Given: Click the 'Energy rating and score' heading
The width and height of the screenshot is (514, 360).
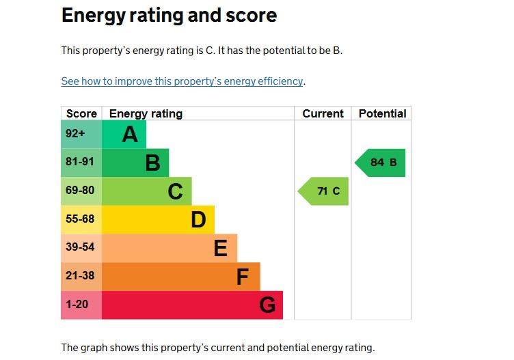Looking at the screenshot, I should click(x=169, y=15).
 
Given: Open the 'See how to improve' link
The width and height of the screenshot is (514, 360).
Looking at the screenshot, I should click(x=182, y=81).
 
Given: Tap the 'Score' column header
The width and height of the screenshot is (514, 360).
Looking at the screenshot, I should click(x=81, y=114).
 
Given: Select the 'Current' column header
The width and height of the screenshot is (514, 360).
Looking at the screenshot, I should click(x=323, y=114).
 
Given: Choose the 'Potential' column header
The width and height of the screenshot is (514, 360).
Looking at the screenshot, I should click(x=382, y=114).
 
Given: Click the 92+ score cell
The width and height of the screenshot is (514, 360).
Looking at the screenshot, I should click(x=75, y=135).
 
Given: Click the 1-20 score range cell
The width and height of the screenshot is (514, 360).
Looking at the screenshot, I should click(x=77, y=305).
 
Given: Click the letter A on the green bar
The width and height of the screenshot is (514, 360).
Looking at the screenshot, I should click(x=130, y=135).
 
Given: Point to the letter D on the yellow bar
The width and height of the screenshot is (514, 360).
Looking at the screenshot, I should click(x=198, y=220).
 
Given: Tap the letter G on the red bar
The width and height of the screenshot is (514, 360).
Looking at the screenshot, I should click(x=267, y=305).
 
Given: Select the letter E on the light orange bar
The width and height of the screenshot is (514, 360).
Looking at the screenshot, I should click(x=220, y=249).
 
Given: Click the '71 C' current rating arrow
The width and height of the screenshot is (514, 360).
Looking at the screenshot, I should click(x=324, y=191).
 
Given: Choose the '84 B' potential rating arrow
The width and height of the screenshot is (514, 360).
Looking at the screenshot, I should click(x=381, y=163).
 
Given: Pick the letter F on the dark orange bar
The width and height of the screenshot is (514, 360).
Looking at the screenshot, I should click(x=243, y=277).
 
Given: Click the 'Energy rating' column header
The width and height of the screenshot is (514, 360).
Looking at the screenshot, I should click(x=146, y=114).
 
